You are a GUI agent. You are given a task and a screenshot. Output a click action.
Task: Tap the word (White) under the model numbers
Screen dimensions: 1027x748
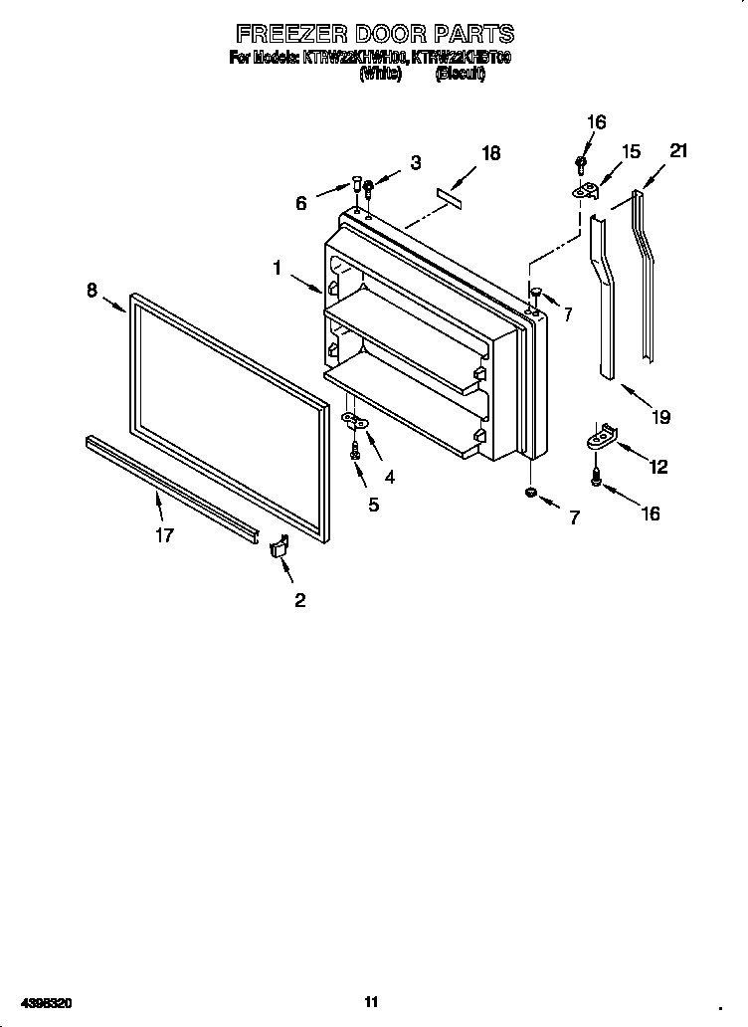(380, 75)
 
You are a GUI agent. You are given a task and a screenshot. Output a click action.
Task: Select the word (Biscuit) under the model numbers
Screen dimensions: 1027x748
(460, 75)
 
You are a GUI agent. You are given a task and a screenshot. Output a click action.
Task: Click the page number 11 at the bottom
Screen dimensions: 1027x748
(371, 1001)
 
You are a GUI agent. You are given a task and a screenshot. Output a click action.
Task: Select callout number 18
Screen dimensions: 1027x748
(490, 153)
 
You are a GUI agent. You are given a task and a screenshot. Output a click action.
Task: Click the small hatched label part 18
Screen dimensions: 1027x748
(451, 199)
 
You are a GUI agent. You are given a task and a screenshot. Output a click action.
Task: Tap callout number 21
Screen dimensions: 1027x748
(678, 151)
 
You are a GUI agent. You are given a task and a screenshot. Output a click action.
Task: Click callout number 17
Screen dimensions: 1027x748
(164, 535)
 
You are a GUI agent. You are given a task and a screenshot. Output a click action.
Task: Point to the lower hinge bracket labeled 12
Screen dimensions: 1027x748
(601, 437)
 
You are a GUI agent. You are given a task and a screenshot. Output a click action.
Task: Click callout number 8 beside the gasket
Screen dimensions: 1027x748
(92, 291)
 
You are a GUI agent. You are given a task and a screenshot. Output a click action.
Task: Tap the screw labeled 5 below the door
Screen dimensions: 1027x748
(354, 451)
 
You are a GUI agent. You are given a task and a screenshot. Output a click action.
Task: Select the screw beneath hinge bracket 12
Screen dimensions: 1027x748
(596, 478)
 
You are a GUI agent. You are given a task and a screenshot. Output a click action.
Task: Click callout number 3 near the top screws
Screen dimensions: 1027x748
(415, 163)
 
